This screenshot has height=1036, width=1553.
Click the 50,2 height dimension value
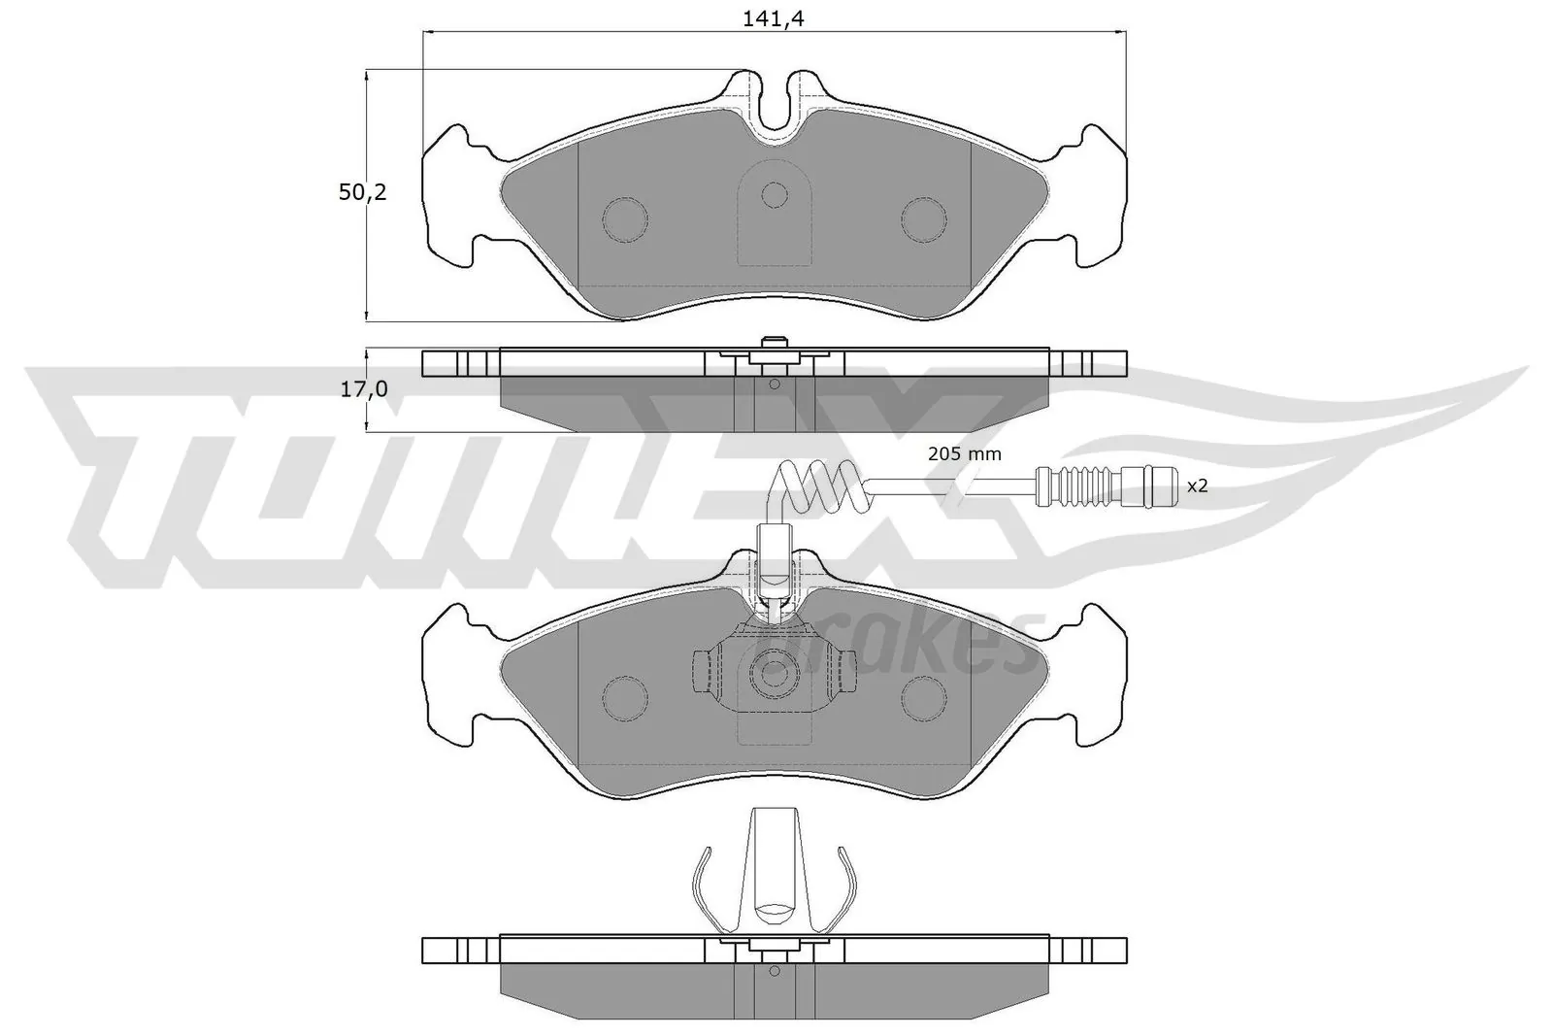coord(362,192)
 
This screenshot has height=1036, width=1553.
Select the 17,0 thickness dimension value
coord(363,389)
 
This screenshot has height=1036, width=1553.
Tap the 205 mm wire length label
coord(964,453)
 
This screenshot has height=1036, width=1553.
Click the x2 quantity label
coord(1198,485)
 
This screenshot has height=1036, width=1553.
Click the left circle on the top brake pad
coord(624,219)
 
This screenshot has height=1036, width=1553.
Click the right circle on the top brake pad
coord(923,219)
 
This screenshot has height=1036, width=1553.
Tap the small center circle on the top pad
coord(774,195)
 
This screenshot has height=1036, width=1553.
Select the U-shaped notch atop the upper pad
coord(774,107)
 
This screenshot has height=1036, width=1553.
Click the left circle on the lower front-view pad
coord(624,695)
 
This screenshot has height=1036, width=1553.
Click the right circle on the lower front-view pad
coord(923,695)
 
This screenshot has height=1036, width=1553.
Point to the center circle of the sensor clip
coord(774,671)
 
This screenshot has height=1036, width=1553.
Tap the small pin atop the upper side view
coord(774,342)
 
